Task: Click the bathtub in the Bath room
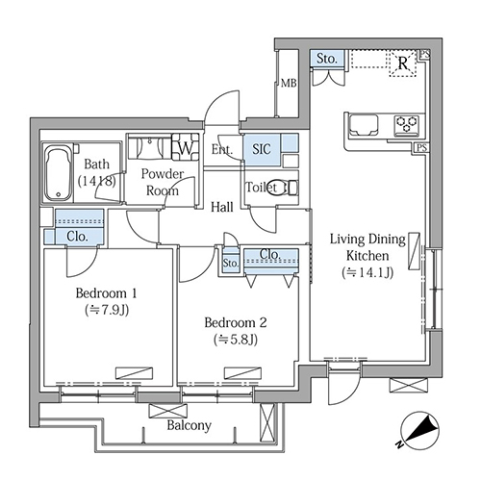pos(58,173)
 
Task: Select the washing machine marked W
pos(186,147)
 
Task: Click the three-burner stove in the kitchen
pos(407,124)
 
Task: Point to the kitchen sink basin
pos(364,125)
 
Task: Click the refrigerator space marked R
pos(403,63)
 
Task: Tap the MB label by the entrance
pos(289,84)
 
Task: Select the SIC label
pos(262,149)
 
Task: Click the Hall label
pos(222,207)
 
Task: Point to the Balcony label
pos(190,425)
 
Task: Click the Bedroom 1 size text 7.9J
pos(107,310)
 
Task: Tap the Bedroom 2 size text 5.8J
pos(236,340)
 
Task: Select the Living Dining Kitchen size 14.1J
pos(367,272)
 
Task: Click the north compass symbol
pos(419,430)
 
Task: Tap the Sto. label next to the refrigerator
pos(327,59)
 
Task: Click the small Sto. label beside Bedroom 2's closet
pos(231,263)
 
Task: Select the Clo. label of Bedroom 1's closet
pos(77,237)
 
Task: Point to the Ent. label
pos(221,149)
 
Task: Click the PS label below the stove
pos(422,148)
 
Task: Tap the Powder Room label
pos(163,182)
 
